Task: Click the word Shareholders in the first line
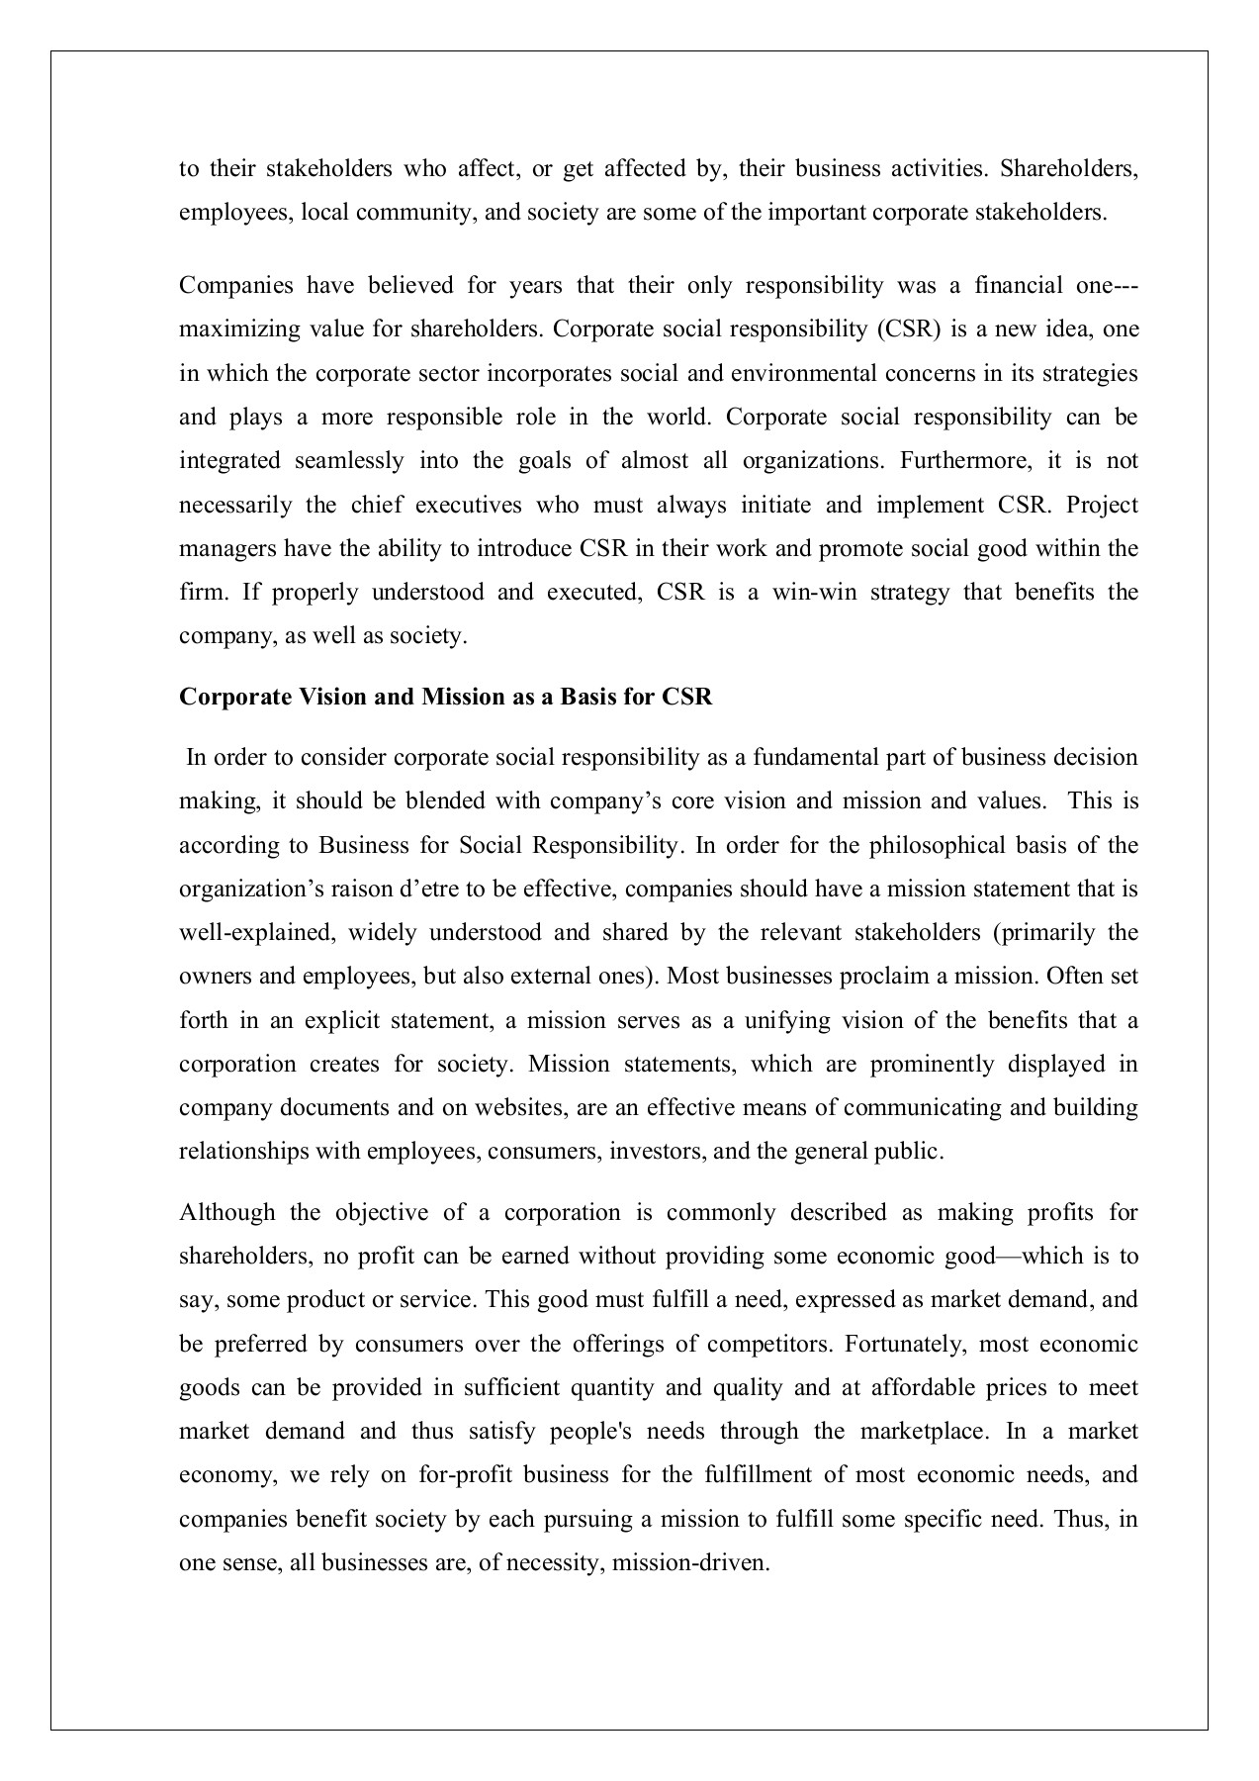pyautogui.click(x=1068, y=168)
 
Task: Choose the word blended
pyautogui.click(x=446, y=801)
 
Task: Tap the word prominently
pyautogui.click(x=931, y=1065)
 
